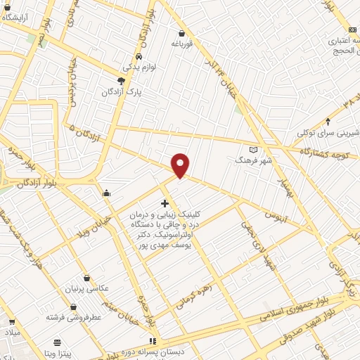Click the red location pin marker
pos(181,165)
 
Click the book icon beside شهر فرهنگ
pos(254,149)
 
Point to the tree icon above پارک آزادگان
pos(121,81)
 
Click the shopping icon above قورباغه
pos(182,33)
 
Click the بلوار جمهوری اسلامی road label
pos(302,307)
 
